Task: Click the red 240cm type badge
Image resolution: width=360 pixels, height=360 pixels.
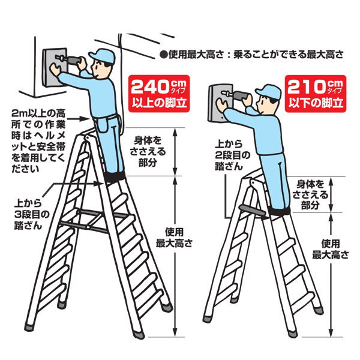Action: tap(159, 94)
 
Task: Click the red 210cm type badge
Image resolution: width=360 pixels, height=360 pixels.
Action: tap(316, 94)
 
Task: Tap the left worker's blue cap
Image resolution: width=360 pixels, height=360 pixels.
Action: tap(102, 56)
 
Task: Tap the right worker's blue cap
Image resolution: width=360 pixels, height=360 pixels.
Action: tap(269, 92)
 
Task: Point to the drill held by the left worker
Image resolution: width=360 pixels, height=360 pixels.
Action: tap(69, 59)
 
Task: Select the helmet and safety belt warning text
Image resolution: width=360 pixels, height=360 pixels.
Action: tap(38, 141)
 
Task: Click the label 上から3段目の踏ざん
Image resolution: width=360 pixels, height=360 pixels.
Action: tap(32, 215)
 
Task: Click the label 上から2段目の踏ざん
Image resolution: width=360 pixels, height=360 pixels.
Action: tap(232, 155)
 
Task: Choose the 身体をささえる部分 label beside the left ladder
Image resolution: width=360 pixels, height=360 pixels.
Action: tap(148, 152)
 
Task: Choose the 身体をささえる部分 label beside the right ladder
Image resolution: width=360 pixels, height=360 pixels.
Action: tap(310, 194)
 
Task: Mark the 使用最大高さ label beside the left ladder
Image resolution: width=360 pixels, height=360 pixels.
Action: tap(174, 238)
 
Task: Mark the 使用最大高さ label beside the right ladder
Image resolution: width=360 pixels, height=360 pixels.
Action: tap(331, 249)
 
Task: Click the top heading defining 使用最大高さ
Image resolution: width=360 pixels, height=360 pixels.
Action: tap(252, 55)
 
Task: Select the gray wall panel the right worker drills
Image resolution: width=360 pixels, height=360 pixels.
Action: tap(221, 103)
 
